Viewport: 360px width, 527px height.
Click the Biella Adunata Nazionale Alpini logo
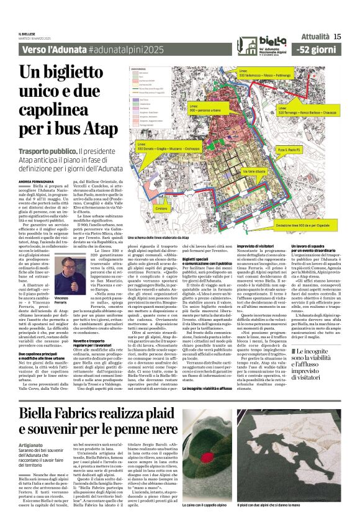pos(259,43)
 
